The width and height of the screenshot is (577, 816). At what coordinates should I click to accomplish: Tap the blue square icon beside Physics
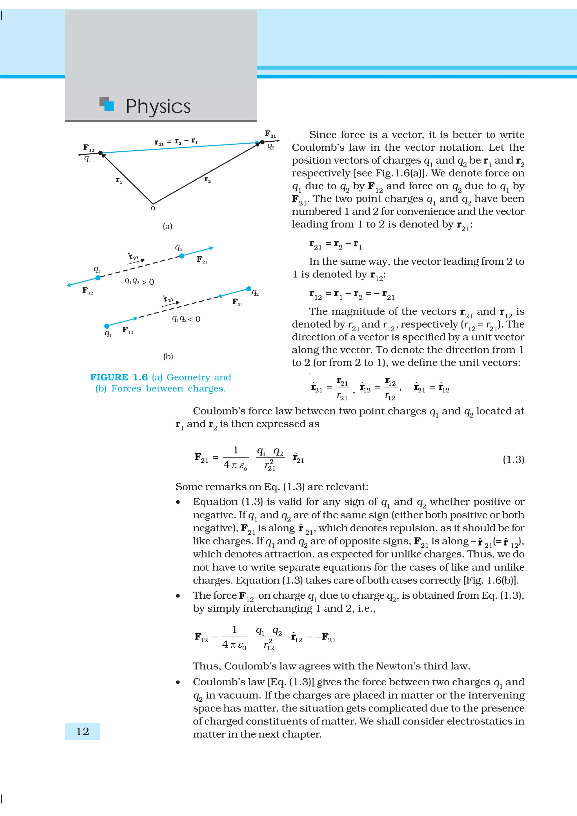[x=109, y=106]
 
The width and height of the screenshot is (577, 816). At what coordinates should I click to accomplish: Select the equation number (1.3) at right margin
[x=513, y=460]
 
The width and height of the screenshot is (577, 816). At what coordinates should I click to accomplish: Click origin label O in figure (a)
[x=153, y=208]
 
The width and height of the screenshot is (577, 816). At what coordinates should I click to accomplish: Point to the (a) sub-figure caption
[x=167, y=226]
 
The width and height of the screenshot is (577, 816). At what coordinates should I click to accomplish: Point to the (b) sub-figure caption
[x=168, y=356]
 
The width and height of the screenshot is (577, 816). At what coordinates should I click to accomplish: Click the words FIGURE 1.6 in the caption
[x=119, y=377]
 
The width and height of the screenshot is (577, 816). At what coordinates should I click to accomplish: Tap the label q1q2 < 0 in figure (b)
[x=186, y=319]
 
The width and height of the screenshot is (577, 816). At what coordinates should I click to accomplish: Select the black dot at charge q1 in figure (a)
[x=100, y=153]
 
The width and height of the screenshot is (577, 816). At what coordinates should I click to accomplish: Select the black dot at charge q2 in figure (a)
[x=262, y=142]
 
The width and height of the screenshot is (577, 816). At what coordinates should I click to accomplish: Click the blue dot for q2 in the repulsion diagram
[x=182, y=256]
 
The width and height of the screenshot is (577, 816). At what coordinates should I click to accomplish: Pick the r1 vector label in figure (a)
[x=119, y=180]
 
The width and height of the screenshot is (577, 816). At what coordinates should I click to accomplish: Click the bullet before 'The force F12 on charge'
[x=178, y=596]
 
